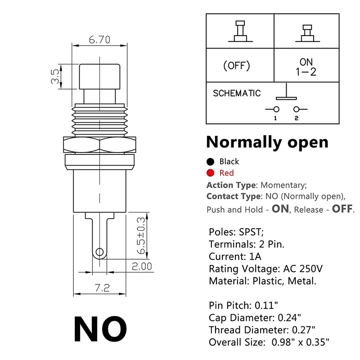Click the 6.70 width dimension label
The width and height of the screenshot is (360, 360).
tap(99, 40)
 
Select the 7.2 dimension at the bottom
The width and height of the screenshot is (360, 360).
tap(102, 288)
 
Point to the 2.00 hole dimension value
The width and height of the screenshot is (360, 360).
tap(142, 266)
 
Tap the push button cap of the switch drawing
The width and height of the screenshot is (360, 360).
tap(100, 76)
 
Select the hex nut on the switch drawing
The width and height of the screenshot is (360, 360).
tap(99, 145)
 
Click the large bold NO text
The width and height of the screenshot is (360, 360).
tap(100, 329)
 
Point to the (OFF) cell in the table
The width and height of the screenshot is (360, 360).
tap(236, 66)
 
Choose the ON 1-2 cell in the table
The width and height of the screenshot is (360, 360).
tap(306, 67)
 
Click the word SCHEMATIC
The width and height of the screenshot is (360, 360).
tap(237, 94)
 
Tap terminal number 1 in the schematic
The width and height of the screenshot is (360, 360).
tap(275, 118)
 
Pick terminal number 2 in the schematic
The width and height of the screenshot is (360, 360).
tap(297, 118)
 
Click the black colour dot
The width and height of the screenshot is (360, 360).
tap(210, 162)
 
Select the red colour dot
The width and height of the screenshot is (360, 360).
tap(210, 173)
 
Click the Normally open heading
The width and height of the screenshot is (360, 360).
tap(267, 142)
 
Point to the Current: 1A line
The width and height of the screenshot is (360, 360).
tap(235, 256)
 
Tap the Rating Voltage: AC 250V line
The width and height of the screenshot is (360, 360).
tap(265, 269)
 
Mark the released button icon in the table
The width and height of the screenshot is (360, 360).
tap(240, 31)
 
